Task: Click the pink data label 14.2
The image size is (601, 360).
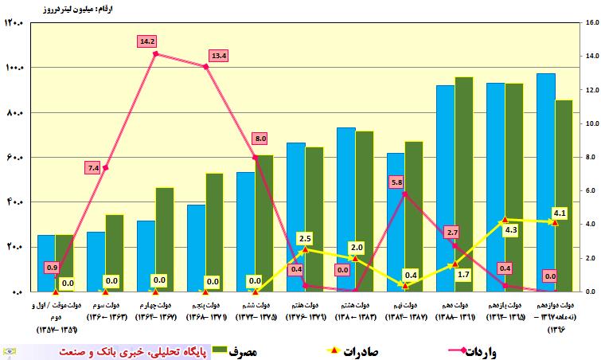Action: point(146,40)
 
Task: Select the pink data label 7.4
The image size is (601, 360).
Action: point(93,167)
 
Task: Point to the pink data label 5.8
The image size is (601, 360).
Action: point(397,182)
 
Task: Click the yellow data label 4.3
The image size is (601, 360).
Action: point(511,229)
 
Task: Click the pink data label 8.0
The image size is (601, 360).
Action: point(260,139)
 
